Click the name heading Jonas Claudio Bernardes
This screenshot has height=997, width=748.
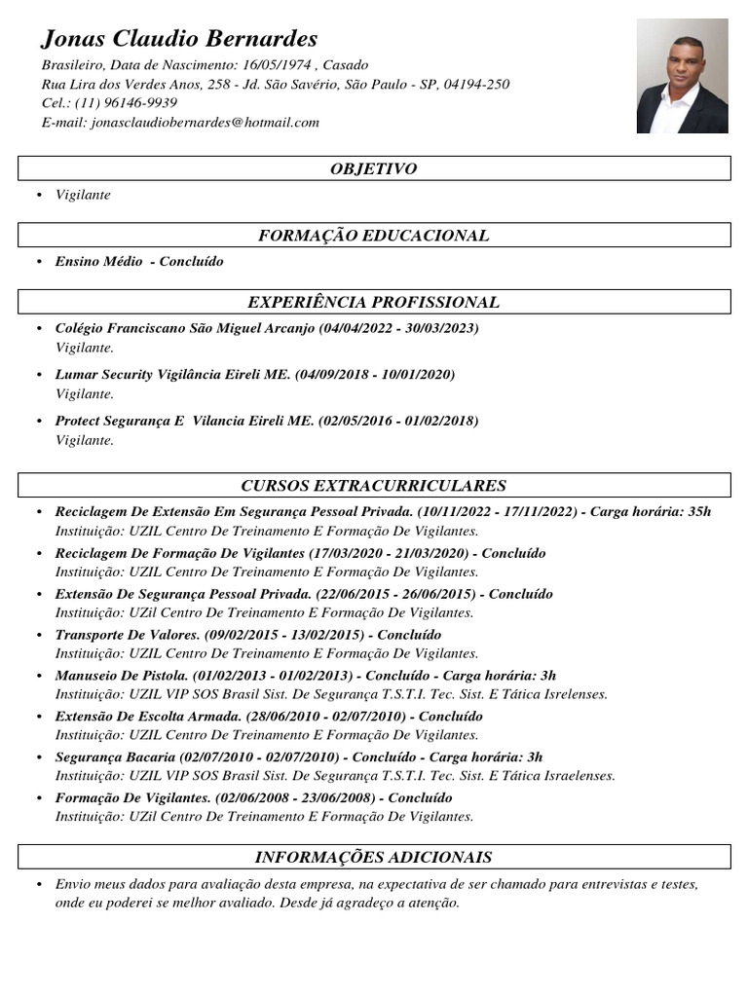[179, 39]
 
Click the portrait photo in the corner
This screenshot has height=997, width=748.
[682, 76]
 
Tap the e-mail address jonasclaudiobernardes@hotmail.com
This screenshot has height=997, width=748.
[205, 123]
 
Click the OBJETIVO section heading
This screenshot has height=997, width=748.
[373, 169]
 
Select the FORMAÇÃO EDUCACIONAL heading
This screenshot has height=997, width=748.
[373, 236]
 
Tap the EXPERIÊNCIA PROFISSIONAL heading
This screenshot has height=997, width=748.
[373, 303]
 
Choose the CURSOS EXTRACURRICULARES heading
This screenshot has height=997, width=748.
[373, 486]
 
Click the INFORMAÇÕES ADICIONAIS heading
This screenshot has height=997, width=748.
[373, 858]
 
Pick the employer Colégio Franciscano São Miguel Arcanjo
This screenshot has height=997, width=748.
[185, 328]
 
